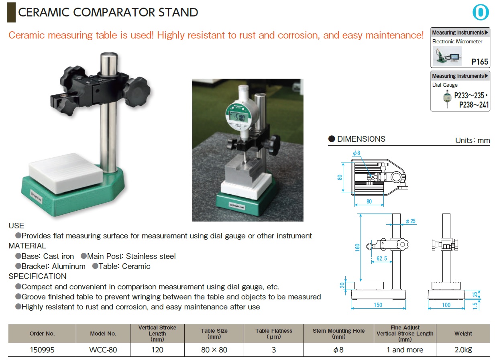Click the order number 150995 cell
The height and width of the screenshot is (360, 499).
click(x=42, y=350)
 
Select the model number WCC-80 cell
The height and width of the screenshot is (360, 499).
click(x=103, y=350)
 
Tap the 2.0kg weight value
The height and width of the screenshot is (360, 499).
click(x=463, y=350)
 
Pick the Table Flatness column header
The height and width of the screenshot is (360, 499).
click(x=273, y=334)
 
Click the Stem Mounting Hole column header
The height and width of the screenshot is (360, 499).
click(x=338, y=334)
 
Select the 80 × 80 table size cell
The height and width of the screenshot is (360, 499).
click(x=214, y=350)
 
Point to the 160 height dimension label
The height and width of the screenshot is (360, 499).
click(x=357, y=248)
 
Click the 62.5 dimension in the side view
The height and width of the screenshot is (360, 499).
click(x=382, y=258)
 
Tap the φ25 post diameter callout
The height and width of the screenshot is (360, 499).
click(x=410, y=221)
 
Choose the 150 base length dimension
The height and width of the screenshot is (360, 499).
click(x=378, y=305)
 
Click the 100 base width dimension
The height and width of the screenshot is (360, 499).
click(x=446, y=305)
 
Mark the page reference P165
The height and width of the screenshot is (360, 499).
click(x=480, y=62)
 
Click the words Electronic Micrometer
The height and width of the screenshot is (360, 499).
click(x=457, y=41)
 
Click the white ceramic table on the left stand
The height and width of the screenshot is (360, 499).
click(x=66, y=173)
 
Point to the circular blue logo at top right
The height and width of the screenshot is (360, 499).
click(x=481, y=12)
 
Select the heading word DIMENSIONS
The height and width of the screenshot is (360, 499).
click(x=361, y=139)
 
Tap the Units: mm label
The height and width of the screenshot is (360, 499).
click(x=473, y=140)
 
